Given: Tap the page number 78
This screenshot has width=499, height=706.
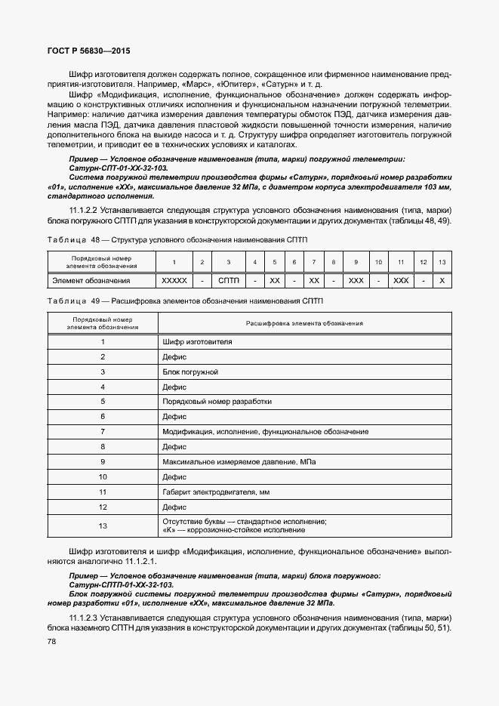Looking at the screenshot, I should (52, 641).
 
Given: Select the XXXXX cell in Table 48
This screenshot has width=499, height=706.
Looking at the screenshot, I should (174, 281).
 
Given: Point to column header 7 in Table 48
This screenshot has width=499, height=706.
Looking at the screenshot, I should (314, 262).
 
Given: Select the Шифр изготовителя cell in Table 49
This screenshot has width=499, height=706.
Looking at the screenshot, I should (197, 342).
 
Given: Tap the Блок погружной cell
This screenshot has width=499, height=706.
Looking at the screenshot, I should (190, 372).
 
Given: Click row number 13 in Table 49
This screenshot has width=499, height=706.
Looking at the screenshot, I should (103, 526).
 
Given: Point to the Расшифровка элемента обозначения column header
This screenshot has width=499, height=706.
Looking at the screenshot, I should (304, 323).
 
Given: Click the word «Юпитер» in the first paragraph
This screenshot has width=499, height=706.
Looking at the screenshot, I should (240, 85).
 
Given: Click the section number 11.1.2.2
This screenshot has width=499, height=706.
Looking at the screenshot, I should (85, 210).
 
